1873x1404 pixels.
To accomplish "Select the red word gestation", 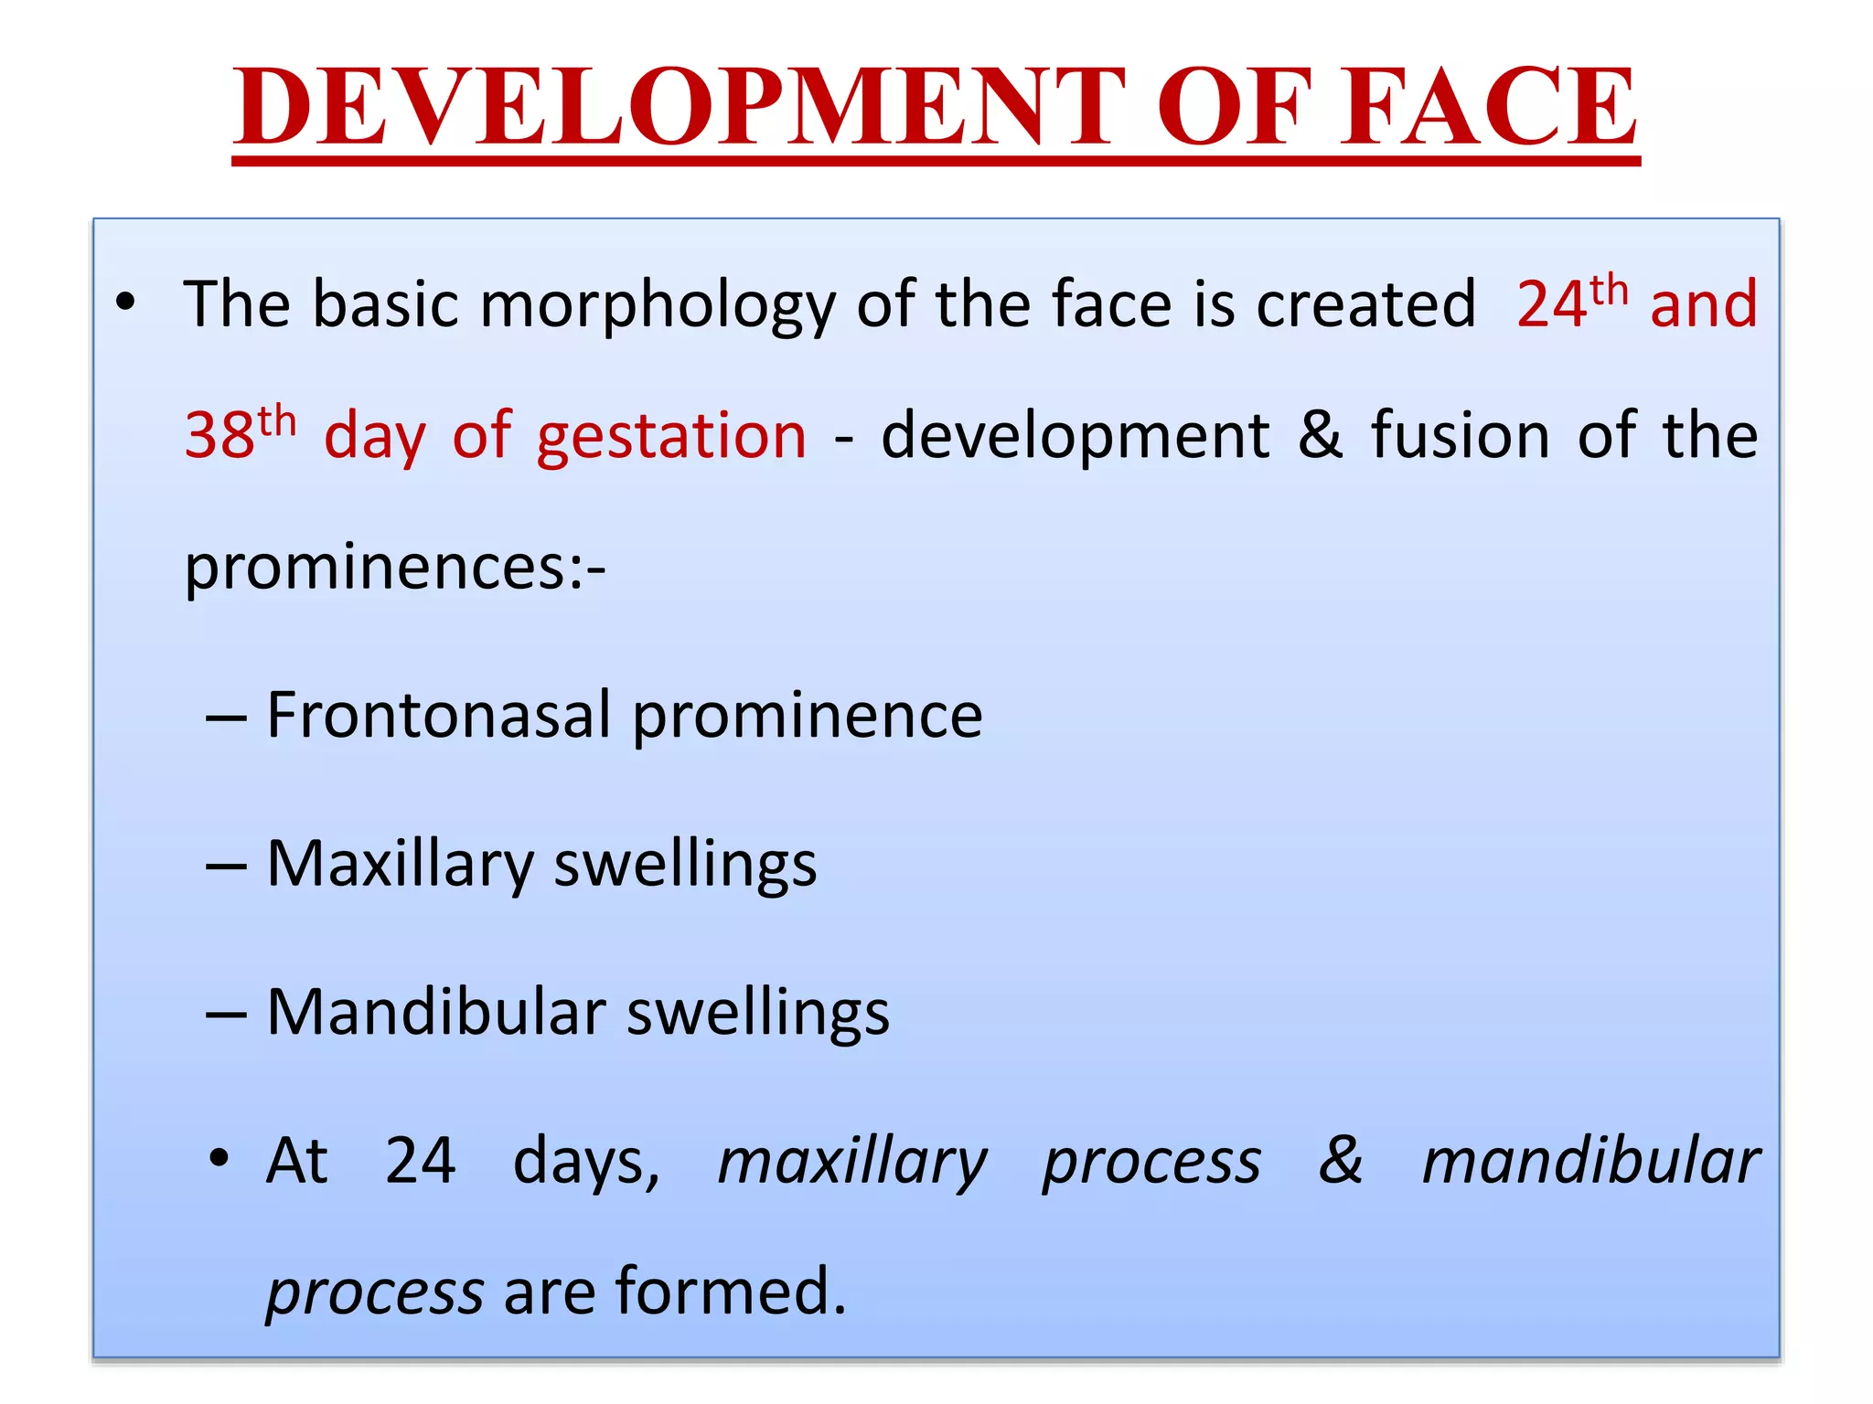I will point(671,437).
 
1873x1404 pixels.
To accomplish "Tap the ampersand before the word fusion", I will point(1319,433).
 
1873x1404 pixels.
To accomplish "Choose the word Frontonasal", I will point(438,715).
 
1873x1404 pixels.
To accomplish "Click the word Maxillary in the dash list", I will point(401,865).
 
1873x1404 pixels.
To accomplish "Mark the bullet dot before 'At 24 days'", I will point(219,1159).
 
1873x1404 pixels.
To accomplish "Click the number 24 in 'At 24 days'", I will point(420,1161).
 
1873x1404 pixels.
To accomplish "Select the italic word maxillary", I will point(851,1163).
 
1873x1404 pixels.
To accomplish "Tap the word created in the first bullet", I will point(1366,303).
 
